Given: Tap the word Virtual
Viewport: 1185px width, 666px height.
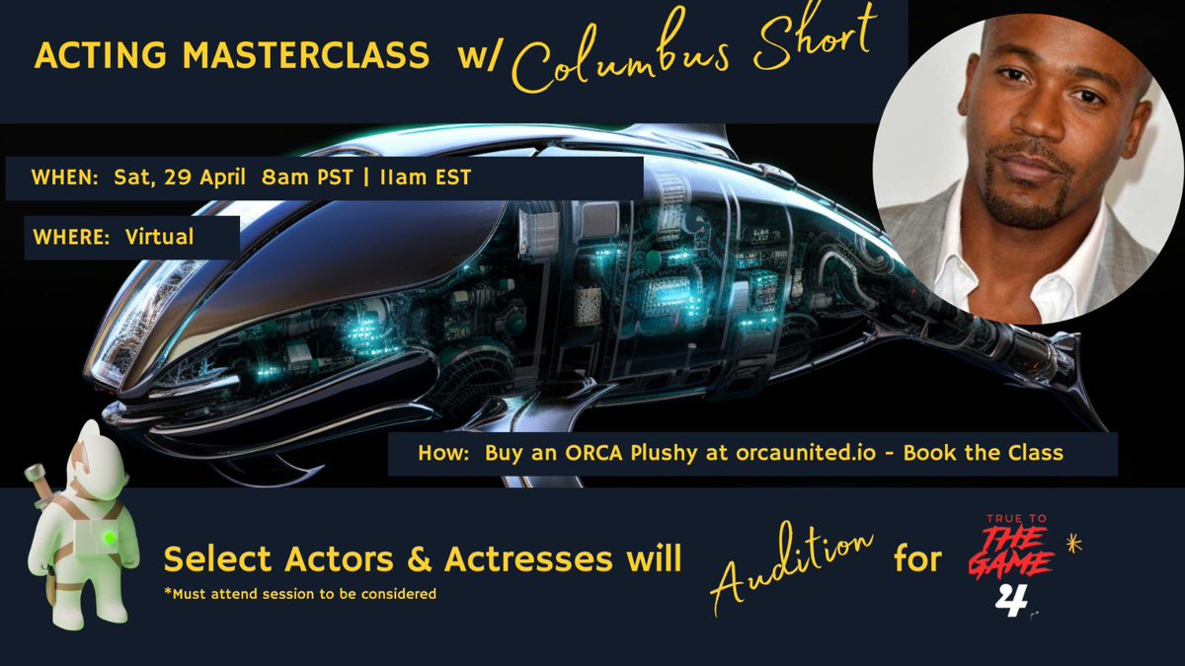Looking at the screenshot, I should [159, 237].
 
